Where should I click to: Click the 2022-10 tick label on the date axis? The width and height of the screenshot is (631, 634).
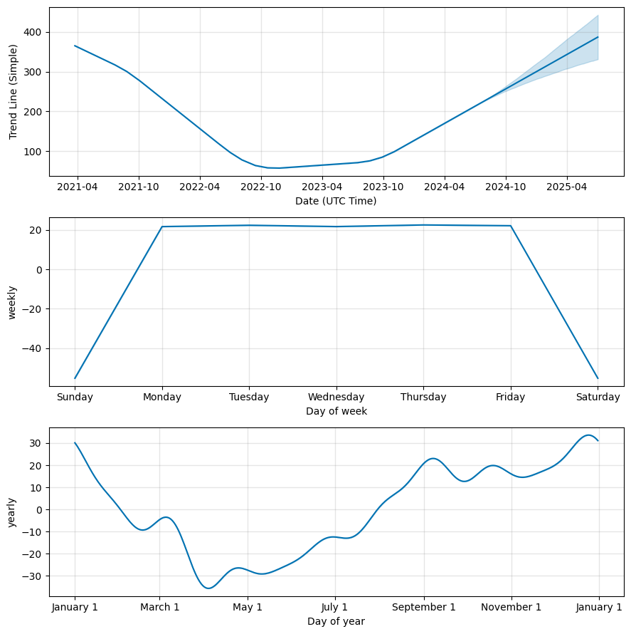(x=261, y=187)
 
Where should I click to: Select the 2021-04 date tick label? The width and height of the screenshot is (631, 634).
(x=78, y=187)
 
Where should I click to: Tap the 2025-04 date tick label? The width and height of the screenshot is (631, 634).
(x=567, y=187)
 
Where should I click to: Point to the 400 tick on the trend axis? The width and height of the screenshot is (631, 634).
(x=32, y=33)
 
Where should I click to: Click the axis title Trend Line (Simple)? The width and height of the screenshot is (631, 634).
(x=13, y=92)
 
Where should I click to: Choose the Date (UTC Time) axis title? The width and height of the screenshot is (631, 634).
(x=336, y=201)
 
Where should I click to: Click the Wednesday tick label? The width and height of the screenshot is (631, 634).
(x=336, y=397)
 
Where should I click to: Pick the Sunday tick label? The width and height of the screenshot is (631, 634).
(x=75, y=397)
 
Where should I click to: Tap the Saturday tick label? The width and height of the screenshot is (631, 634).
(x=598, y=397)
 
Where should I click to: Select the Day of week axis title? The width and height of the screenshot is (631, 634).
(x=336, y=411)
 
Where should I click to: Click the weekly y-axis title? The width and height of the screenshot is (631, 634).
(x=13, y=302)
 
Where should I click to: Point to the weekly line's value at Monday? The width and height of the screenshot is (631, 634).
(x=162, y=227)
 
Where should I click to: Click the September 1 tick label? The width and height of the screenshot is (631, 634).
(x=424, y=607)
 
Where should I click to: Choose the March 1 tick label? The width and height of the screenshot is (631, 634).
(x=159, y=607)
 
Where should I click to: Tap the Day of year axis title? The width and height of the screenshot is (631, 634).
(x=336, y=621)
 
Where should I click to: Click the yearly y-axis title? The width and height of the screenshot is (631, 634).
(x=13, y=511)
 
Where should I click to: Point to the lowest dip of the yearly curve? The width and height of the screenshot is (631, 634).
(x=208, y=588)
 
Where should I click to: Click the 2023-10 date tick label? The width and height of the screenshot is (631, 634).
(x=383, y=187)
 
